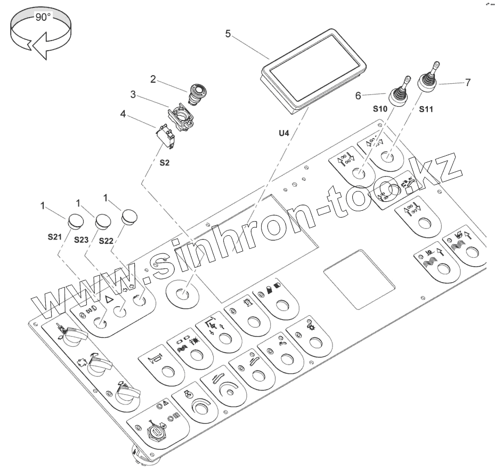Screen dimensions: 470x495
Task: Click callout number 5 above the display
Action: point(228,34)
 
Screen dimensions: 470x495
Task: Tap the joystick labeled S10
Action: point(398,94)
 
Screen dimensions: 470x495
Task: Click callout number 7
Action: point(467,83)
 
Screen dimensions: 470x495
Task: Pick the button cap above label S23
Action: point(102,220)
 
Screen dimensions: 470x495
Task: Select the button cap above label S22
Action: point(129,217)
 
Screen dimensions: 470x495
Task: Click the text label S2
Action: point(165,163)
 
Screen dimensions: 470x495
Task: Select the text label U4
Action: point(283,132)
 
